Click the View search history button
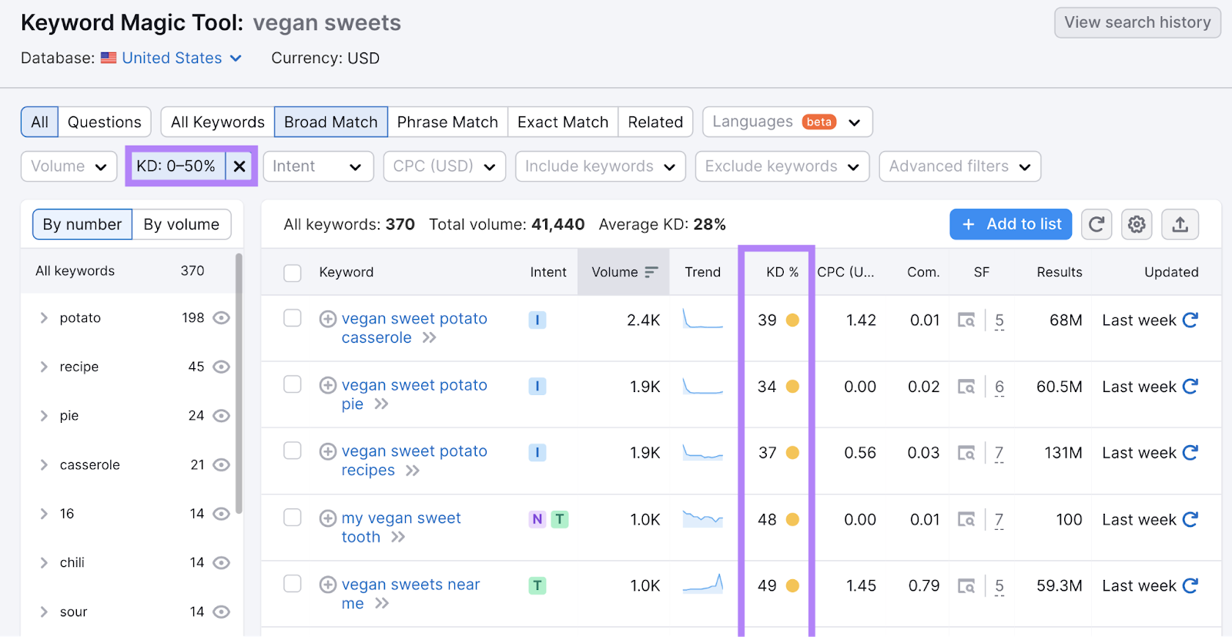pyautogui.click(x=1137, y=22)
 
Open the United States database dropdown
pyautogui.click(x=182, y=59)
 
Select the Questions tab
pyautogui.click(x=105, y=122)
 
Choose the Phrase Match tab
pyautogui.click(x=447, y=122)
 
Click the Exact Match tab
pyautogui.click(x=563, y=122)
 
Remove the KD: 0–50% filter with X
pyautogui.click(x=239, y=166)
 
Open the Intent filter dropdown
pyautogui.click(x=317, y=166)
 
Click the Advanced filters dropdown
pyautogui.click(x=959, y=166)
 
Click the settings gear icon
pyautogui.click(x=1137, y=224)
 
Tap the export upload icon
pyautogui.click(x=1180, y=224)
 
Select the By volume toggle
pyautogui.click(x=181, y=225)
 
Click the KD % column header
pyautogui.click(x=782, y=272)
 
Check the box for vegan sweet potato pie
pyautogui.click(x=293, y=384)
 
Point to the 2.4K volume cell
pyautogui.click(x=643, y=320)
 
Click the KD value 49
pyautogui.click(x=767, y=586)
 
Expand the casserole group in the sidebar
pyautogui.click(x=44, y=465)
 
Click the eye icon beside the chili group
pyautogui.click(x=221, y=563)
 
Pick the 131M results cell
pyautogui.click(x=1063, y=453)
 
